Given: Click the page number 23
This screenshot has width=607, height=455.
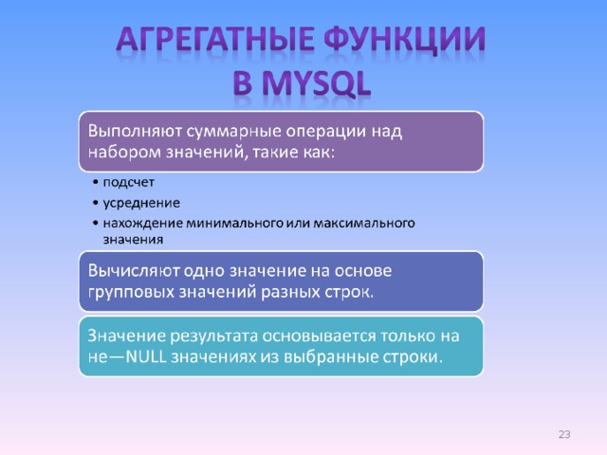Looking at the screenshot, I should pos(564,434).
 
